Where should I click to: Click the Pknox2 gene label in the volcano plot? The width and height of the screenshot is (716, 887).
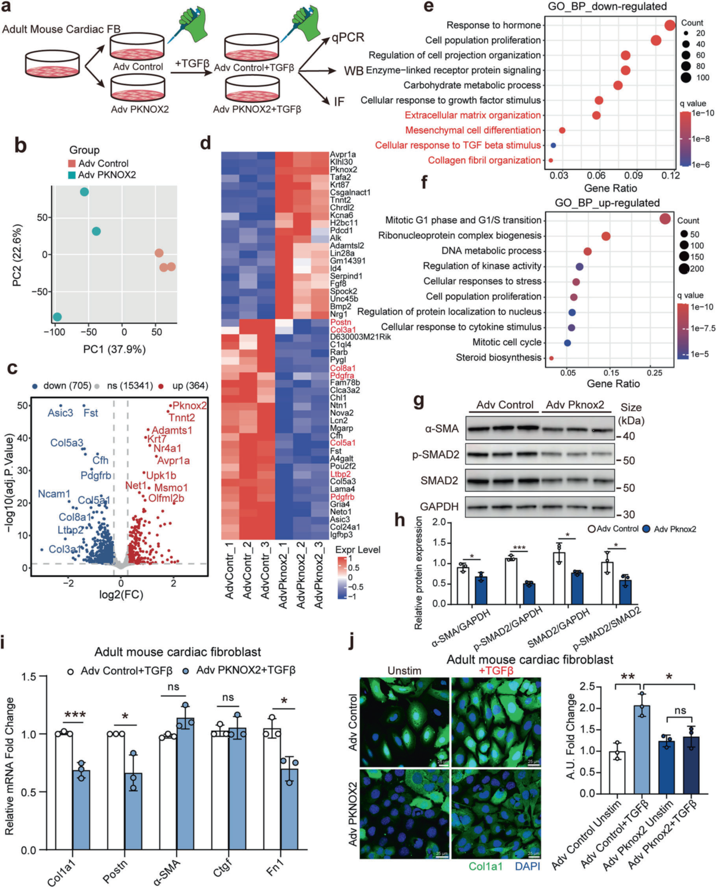(189, 405)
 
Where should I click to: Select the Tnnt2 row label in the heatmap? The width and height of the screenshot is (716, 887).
(340, 200)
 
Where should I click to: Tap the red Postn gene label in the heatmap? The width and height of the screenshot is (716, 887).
(340, 322)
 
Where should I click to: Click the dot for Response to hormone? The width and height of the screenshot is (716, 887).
(670, 25)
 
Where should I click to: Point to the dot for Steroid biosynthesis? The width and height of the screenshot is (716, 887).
(551, 358)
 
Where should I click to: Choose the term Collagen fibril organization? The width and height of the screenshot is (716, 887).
(484, 160)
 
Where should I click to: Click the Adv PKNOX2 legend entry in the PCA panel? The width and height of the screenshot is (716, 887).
(107, 175)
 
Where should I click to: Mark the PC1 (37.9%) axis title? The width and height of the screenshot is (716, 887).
(114, 349)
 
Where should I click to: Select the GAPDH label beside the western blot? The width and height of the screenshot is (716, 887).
(439, 507)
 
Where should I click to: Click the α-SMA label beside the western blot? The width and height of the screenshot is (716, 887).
(441, 429)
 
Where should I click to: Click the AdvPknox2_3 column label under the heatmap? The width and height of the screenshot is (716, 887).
(319, 575)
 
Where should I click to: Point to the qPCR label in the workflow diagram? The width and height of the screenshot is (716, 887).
(348, 38)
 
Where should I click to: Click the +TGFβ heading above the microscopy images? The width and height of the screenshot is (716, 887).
(496, 671)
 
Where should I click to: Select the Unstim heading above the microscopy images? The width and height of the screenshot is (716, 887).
(404, 671)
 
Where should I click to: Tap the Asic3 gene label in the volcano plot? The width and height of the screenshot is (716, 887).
(60, 413)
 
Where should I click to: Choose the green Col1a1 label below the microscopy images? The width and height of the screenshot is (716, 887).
(485, 866)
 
